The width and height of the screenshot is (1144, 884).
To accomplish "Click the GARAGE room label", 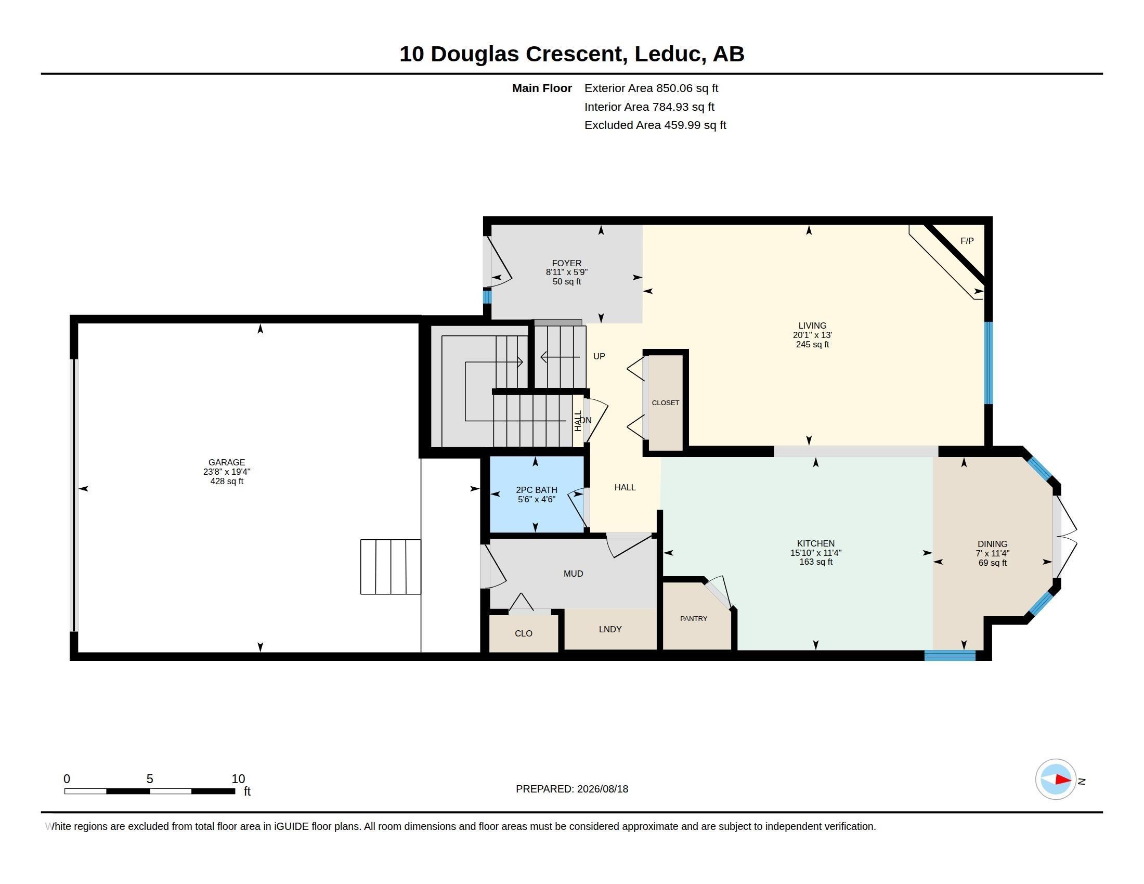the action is [x=227, y=462].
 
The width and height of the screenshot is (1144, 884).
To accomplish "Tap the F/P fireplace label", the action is [x=967, y=241].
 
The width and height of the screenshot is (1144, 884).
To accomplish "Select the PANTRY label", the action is [x=694, y=618].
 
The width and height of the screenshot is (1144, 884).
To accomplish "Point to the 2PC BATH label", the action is [x=537, y=490].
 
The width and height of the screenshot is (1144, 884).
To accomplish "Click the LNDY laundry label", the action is [x=610, y=629].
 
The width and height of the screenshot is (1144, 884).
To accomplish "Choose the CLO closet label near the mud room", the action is [x=523, y=634].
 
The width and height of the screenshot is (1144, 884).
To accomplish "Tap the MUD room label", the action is [x=573, y=574].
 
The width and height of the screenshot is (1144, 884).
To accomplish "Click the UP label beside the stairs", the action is [x=599, y=356].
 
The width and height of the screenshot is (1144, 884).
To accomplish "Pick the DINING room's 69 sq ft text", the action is [x=993, y=563].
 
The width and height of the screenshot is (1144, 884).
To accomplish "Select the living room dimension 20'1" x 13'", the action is [x=812, y=335].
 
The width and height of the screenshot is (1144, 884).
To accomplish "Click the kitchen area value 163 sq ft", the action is [x=816, y=562].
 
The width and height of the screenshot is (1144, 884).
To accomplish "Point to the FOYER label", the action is [x=567, y=264].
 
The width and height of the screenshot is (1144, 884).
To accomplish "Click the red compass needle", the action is [x=1063, y=779].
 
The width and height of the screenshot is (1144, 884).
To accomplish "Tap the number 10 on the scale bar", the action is [x=238, y=779].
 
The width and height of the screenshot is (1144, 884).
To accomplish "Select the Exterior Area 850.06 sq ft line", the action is [x=651, y=88].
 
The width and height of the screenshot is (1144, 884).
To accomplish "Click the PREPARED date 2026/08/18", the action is [x=603, y=789].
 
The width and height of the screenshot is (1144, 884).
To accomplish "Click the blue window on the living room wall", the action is [x=989, y=363].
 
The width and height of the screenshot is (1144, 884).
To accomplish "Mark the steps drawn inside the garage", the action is [x=391, y=567].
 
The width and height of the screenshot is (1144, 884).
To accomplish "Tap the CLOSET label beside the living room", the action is [x=665, y=402].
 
